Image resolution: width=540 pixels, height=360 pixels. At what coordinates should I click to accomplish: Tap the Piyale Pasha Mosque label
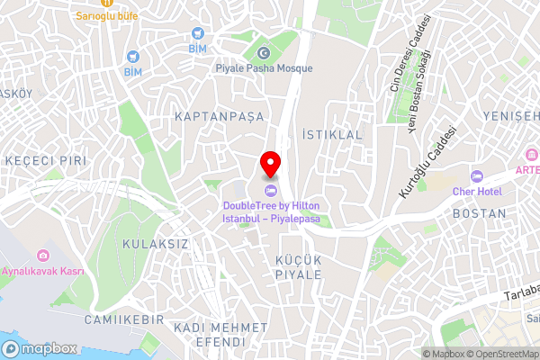coord(264,68)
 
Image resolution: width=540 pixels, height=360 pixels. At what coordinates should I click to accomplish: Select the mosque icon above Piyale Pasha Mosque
coord(264,51)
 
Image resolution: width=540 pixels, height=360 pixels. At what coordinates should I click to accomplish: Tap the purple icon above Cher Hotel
coord(478,175)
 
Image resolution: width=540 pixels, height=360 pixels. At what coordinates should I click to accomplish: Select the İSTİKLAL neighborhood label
coord(332,133)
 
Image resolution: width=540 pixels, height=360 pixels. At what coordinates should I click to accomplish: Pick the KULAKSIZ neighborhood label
coord(157,244)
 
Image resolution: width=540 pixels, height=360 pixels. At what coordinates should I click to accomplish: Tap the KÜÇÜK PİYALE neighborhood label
coord(298,266)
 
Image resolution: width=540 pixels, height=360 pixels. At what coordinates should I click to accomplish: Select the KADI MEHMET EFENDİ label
coord(209,335)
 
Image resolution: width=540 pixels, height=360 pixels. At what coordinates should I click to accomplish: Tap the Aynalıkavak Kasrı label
coord(42,271)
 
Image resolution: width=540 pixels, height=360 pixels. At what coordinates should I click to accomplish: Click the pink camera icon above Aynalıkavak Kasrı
coord(42,256)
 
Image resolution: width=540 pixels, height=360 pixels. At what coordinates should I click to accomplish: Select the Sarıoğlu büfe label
coord(106,16)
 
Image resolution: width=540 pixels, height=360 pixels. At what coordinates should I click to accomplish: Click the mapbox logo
coord(41,348)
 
